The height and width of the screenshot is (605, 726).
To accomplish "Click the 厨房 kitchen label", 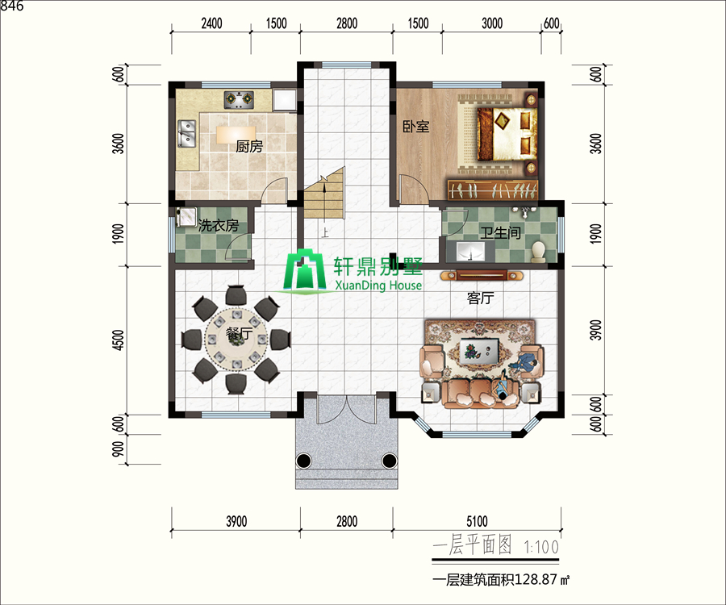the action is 249,146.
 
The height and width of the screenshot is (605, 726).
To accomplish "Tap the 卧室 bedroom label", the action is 415,126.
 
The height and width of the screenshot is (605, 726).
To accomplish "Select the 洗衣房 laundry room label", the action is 219,225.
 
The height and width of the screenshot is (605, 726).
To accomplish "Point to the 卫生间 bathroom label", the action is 500,232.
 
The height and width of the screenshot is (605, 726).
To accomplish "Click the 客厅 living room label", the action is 480,298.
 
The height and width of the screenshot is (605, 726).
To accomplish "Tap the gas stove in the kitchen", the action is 239,99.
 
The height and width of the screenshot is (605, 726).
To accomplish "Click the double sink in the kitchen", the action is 187,133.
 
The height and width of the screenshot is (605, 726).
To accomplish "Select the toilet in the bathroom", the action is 538,252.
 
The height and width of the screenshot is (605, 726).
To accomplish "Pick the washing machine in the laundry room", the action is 186,217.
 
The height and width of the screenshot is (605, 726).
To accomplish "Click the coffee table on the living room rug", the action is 478,349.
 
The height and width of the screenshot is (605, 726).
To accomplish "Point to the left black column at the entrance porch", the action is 303,461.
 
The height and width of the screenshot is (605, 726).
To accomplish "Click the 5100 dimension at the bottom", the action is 477,521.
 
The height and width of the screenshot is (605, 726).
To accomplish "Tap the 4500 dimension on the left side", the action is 119,340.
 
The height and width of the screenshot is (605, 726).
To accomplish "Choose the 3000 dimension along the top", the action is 492,23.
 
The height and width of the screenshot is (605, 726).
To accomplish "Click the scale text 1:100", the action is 541,547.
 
